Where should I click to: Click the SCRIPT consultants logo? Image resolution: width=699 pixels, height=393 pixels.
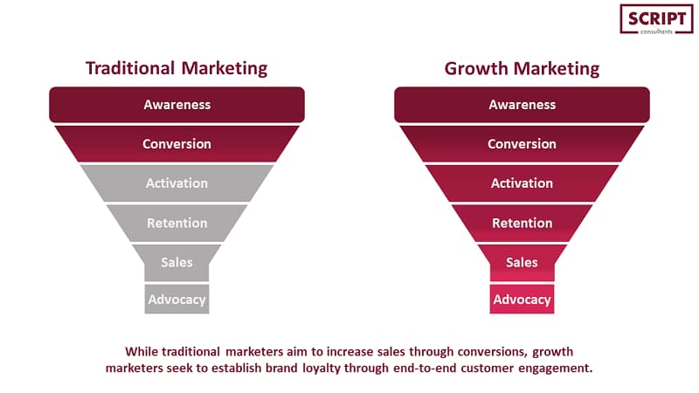[656, 19]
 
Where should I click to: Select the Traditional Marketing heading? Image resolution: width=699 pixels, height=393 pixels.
[176, 68]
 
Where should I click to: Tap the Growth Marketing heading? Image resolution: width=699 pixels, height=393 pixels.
[522, 69]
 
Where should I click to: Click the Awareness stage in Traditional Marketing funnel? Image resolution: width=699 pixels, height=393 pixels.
[177, 105]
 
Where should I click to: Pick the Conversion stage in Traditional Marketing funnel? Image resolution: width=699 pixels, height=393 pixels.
[177, 143]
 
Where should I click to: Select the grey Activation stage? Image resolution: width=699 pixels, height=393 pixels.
[177, 183]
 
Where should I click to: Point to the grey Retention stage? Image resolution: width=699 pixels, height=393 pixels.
[177, 223]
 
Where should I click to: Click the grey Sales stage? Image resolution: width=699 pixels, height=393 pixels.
[177, 263]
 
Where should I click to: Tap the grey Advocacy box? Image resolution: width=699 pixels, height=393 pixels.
[177, 299]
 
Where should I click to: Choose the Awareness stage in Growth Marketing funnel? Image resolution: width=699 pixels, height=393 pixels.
[522, 105]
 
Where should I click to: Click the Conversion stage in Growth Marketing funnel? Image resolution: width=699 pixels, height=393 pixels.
[522, 143]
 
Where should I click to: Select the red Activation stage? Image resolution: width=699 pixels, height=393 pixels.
[522, 183]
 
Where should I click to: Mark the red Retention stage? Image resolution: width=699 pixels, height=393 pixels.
[522, 223]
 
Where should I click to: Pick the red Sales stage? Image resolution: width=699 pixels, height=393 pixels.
[522, 263]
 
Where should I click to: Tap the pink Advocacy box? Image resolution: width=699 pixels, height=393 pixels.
[522, 299]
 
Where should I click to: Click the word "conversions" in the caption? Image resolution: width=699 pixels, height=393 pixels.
[492, 352]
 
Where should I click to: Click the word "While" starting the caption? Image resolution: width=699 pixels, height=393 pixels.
[142, 352]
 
